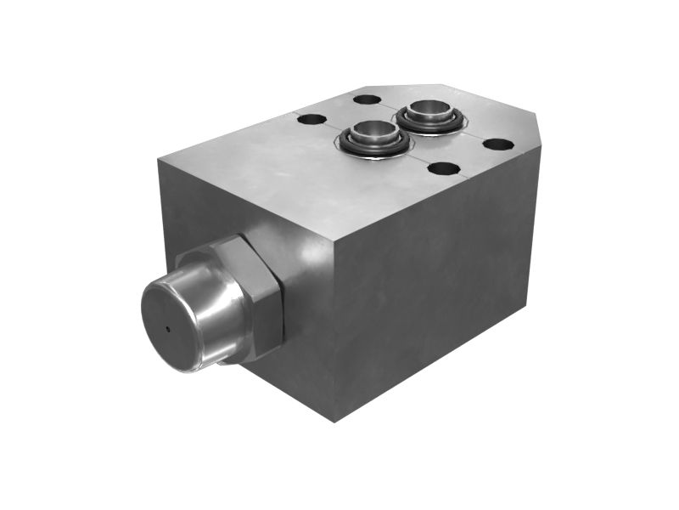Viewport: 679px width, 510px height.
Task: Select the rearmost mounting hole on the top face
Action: coord(367,99)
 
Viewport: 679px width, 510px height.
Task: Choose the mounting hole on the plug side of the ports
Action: coord(311,120)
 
